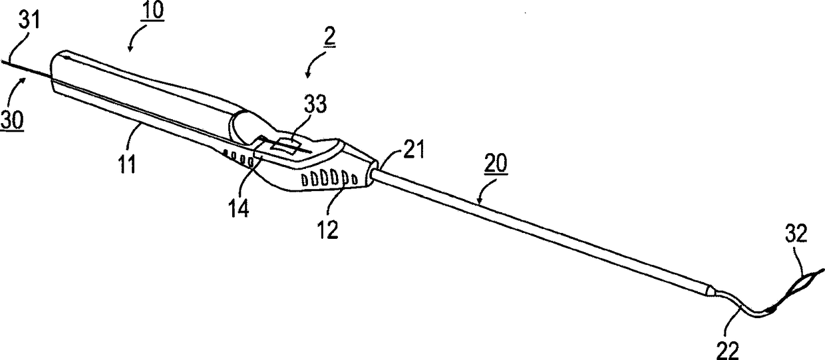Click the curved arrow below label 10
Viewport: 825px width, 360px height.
[131, 43]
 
